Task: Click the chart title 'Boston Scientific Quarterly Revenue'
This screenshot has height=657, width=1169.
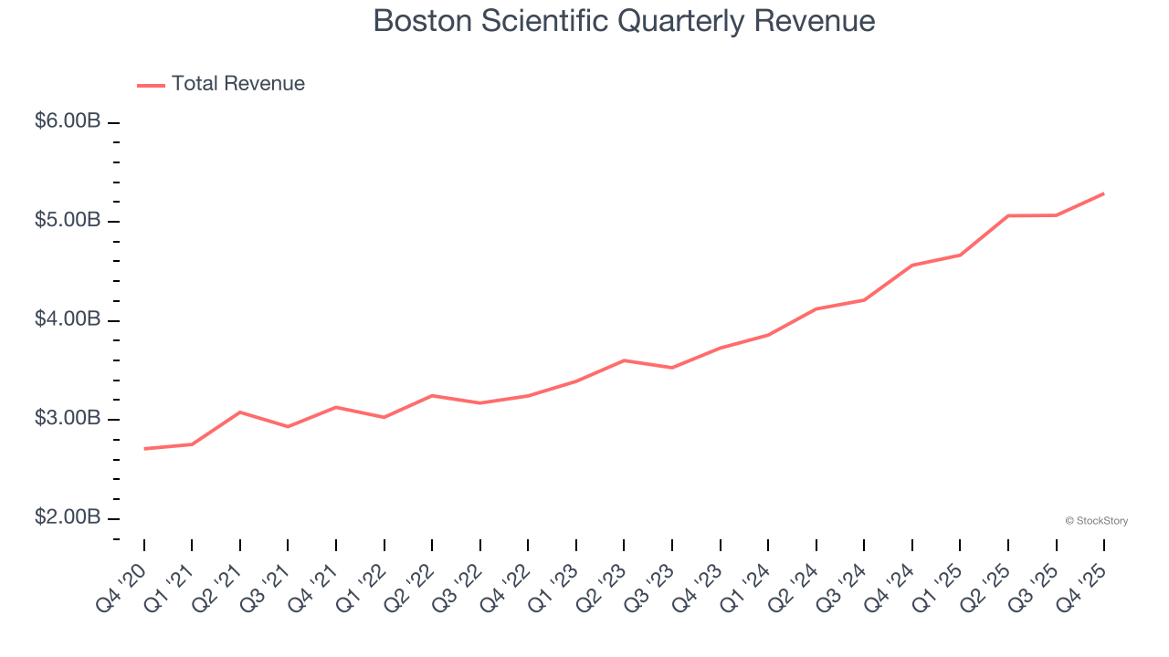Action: (x=624, y=21)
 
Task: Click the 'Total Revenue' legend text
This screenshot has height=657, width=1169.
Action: (x=237, y=84)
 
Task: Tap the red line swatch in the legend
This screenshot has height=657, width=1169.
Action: (x=151, y=85)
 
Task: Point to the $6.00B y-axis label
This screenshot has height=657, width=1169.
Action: (x=68, y=121)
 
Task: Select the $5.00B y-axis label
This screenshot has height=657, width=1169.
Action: (x=68, y=221)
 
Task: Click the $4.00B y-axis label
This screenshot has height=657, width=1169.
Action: (x=68, y=320)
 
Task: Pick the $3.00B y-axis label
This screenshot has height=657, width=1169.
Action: (x=68, y=419)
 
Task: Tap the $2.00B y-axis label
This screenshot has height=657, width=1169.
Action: (x=68, y=518)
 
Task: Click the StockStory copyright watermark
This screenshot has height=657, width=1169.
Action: (x=1096, y=521)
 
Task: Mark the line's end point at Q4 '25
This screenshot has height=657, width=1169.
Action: (x=1103, y=193)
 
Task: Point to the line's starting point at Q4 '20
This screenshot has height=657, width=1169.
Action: (x=144, y=449)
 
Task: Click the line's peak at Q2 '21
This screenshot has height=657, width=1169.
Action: (x=240, y=412)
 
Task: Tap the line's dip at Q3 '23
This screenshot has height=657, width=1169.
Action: (x=672, y=368)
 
